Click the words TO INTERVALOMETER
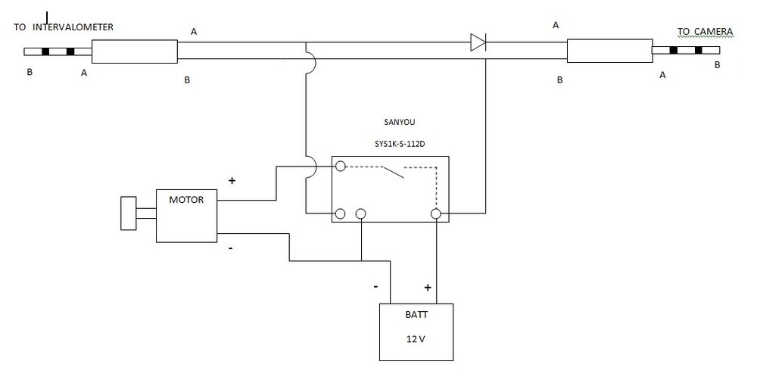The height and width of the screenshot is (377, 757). pyautogui.click(x=64, y=27)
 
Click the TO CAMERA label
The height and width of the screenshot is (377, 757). pyautogui.click(x=705, y=31)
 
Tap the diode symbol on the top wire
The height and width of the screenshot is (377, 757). pyautogui.click(x=478, y=42)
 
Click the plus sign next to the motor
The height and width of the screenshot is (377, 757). pyautogui.click(x=232, y=182)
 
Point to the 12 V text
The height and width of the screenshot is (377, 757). pyautogui.click(x=416, y=339)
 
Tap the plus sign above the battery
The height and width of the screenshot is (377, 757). pyautogui.click(x=428, y=288)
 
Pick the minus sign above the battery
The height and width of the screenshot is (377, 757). pyautogui.click(x=376, y=288)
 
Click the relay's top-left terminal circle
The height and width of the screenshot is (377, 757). pyautogui.click(x=341, y=166)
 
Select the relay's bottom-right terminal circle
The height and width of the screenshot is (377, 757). pyautogui.click(x=436, y=214)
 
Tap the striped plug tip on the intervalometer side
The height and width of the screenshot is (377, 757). pyautogui.click(x=58, y=52)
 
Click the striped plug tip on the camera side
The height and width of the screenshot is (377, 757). pyautogui.click(x=686, y=51)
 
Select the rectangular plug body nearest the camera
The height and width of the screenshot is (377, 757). pyautogui.click(x=609, y=51)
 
